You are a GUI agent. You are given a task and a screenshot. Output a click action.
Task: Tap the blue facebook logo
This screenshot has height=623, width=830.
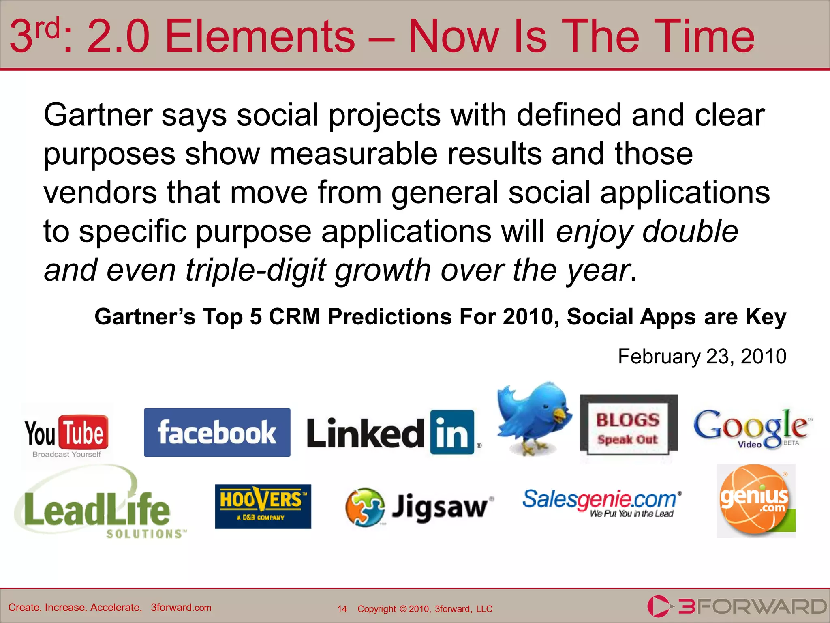tap(217, 432)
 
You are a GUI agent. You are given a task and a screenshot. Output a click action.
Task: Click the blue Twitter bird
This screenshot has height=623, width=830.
tap(534, 418)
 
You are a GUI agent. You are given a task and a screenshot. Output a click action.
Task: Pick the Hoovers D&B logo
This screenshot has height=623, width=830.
tap(263, 506)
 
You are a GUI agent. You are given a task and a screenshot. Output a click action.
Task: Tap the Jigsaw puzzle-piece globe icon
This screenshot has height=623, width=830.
tap(364, 507)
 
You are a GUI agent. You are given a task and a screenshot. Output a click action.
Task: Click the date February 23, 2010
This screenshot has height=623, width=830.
tap(702, 357)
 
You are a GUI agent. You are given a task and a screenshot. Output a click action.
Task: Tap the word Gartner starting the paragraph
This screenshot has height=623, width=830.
tap(98, 115)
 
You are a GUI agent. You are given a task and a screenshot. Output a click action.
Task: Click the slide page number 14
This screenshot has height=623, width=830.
tap(342, 609)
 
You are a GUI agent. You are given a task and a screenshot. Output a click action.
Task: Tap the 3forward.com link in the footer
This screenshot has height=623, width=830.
tap(181, 608)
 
